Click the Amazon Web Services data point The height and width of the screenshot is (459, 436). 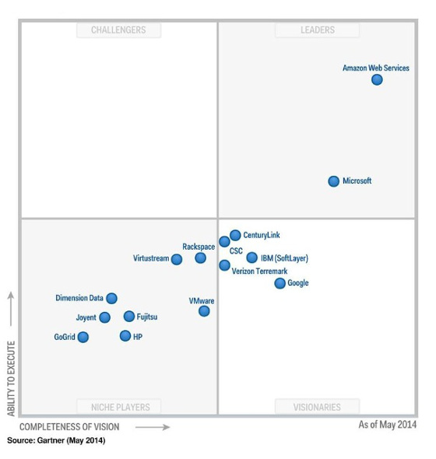377,79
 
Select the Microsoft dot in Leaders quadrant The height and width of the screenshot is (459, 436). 334,181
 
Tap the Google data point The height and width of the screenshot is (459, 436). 280,283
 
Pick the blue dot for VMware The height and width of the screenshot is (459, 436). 204,311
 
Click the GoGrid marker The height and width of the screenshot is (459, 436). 83,337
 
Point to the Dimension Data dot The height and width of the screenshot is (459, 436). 112,298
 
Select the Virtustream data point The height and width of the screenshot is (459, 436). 177,259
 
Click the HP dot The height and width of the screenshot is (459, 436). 125,336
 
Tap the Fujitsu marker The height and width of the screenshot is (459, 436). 129,317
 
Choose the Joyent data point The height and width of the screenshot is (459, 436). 105,317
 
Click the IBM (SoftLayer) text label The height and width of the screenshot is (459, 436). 284,258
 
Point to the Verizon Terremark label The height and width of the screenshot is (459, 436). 259,272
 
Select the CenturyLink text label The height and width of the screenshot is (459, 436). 262,235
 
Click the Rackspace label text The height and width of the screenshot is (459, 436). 199,247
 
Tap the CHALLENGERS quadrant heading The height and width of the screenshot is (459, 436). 118,30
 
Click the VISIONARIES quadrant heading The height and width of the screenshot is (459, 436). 317,407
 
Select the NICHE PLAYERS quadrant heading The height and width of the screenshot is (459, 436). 119,407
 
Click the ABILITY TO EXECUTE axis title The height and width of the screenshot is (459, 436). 11,378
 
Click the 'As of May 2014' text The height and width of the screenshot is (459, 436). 387,425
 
